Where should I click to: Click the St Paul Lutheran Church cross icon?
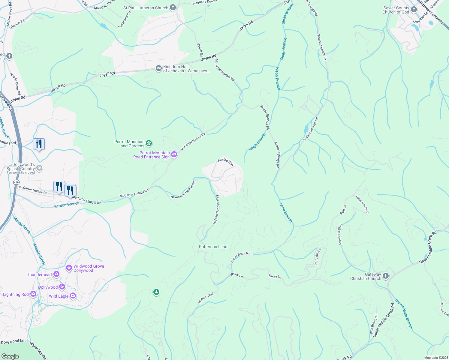(x=173, y=7)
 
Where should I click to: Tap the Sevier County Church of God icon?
(x=414, y=10)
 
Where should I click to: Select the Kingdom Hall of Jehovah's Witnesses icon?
(x=158, y=69)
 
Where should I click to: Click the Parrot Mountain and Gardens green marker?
(x=149, y=144)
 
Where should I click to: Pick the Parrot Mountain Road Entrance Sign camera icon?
(x=174, y=155)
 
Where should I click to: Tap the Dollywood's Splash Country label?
(x=21, y=167)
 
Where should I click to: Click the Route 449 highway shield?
(x=16, y=182)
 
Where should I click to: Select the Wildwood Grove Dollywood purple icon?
(x=69, y=268)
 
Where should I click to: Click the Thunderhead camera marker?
(x=56, y=274)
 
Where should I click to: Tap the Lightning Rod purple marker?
(x=33, y=294)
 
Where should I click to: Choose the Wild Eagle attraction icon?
(x=73, y=296)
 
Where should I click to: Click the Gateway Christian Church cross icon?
(x=386, y=276)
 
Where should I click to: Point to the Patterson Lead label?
(x=213, y=247)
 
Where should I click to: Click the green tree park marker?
(x=156, y=292)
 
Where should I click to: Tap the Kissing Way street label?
(x=226, y=162)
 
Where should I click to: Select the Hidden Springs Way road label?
(x=216, y=210)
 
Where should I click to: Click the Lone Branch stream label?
(x=286, y=212)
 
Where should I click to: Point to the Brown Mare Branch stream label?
(x=404, y=314)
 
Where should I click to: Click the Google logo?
(x=10, y=356)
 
